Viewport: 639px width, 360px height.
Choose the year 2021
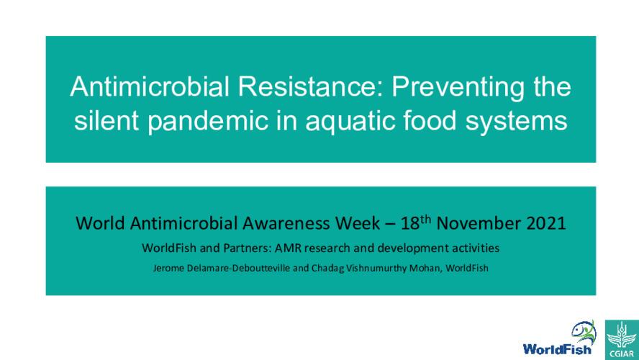(x=544, y=223)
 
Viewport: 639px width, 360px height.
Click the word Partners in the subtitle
(x=240, y=248)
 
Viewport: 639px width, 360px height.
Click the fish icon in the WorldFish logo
(x=584, y=332)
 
